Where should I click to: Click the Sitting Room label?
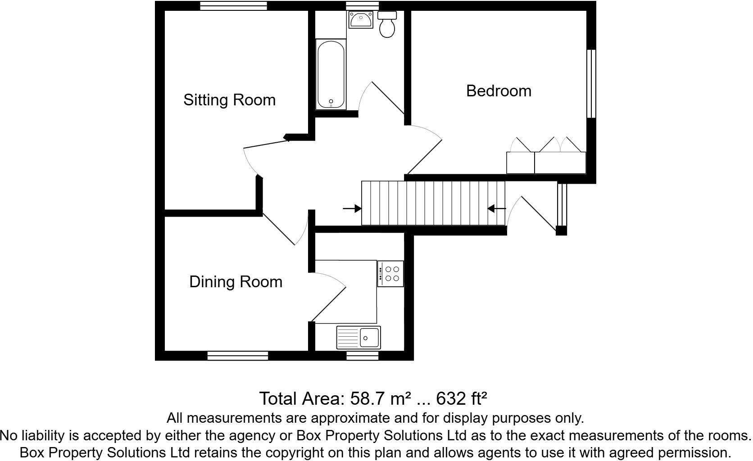click(229, 100)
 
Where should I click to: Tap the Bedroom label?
click(499, 91)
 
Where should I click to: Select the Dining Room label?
click(236, 282)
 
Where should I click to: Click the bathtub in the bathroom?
click(331, 74)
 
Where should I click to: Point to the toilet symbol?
click(387, 25)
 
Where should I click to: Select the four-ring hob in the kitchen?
click(390, 274)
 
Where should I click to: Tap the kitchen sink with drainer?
click(358, 337)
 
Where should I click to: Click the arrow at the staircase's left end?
click(352, 208)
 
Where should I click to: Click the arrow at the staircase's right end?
click(497, 208)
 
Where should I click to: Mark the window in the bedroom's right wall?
click(591, 84)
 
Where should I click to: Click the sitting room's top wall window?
click(233, 6)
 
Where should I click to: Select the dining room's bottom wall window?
click(238, 356)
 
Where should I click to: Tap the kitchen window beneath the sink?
click(362, 356)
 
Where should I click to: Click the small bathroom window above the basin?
click(362, 6)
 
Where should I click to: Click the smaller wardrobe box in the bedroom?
click(520, 163)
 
